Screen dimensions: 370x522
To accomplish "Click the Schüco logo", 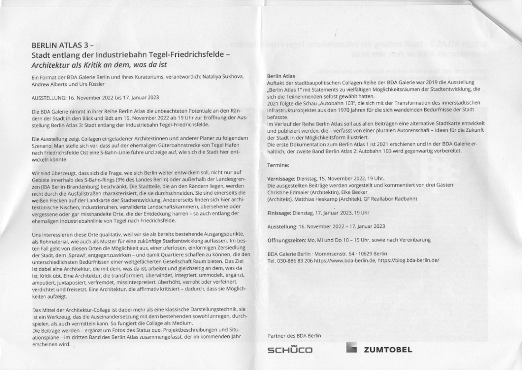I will [290, 350].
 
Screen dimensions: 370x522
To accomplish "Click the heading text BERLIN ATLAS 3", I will [63, 46].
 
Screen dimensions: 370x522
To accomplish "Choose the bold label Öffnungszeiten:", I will [288, 240].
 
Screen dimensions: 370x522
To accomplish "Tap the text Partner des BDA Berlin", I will [294, 335].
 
